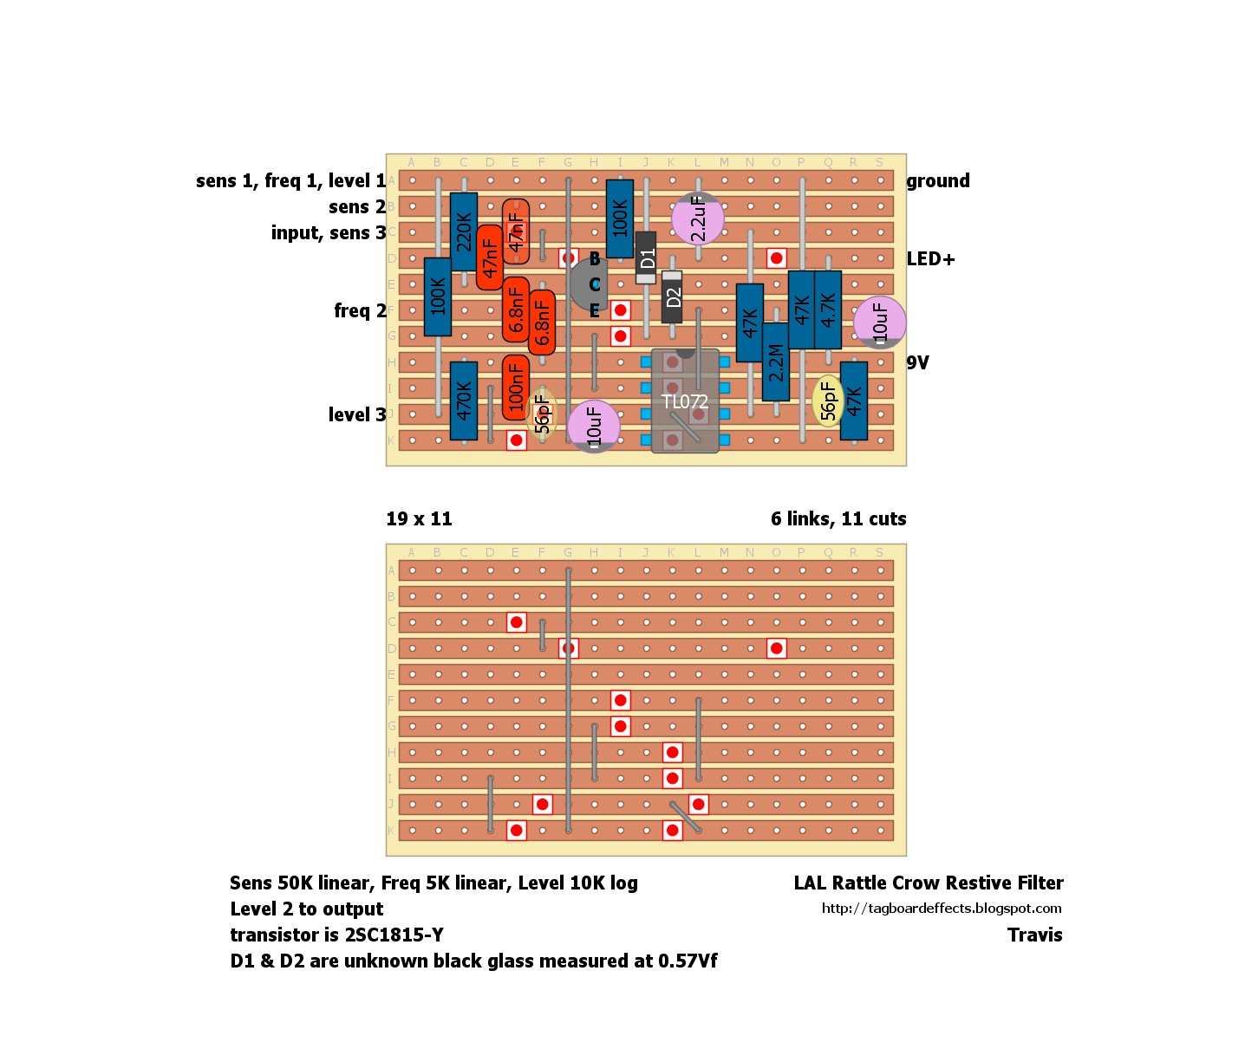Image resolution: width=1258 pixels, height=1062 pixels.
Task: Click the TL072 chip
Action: coord(685,401)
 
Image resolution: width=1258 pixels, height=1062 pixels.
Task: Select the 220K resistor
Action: coord(463,232)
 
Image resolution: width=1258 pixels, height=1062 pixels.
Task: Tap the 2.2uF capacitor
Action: coord(698,218)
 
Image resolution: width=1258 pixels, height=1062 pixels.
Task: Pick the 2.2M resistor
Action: coord(775,362)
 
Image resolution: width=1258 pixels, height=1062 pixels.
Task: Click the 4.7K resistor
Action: coord(828,309)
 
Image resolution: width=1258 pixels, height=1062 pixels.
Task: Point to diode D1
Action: coord(646,257)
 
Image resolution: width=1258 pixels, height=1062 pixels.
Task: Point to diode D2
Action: coord(672,297)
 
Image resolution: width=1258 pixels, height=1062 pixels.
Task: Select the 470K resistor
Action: coord(463,401)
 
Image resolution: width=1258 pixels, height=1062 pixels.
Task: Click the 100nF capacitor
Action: coord(516,388)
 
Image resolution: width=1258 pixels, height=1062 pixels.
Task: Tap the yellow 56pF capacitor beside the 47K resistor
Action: coord(828,401)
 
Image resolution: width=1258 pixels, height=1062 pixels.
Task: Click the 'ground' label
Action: coord(938,180)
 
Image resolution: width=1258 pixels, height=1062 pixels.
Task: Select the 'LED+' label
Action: coord(931,259)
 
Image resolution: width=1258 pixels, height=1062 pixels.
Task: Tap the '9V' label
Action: coord(917,362)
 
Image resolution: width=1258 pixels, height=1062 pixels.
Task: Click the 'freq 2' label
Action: coord(361,311)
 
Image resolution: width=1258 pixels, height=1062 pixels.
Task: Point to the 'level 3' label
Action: coord(357,414)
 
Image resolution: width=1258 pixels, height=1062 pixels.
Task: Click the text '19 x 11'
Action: coord(420,518)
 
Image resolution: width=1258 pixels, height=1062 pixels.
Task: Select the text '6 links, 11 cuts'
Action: coord(838,518)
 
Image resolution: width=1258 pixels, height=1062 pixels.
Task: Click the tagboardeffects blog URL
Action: coord(942,909)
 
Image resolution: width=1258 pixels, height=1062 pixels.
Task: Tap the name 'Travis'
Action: coord(1035,935)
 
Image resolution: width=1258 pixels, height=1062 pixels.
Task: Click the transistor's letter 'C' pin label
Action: coord(595,284)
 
